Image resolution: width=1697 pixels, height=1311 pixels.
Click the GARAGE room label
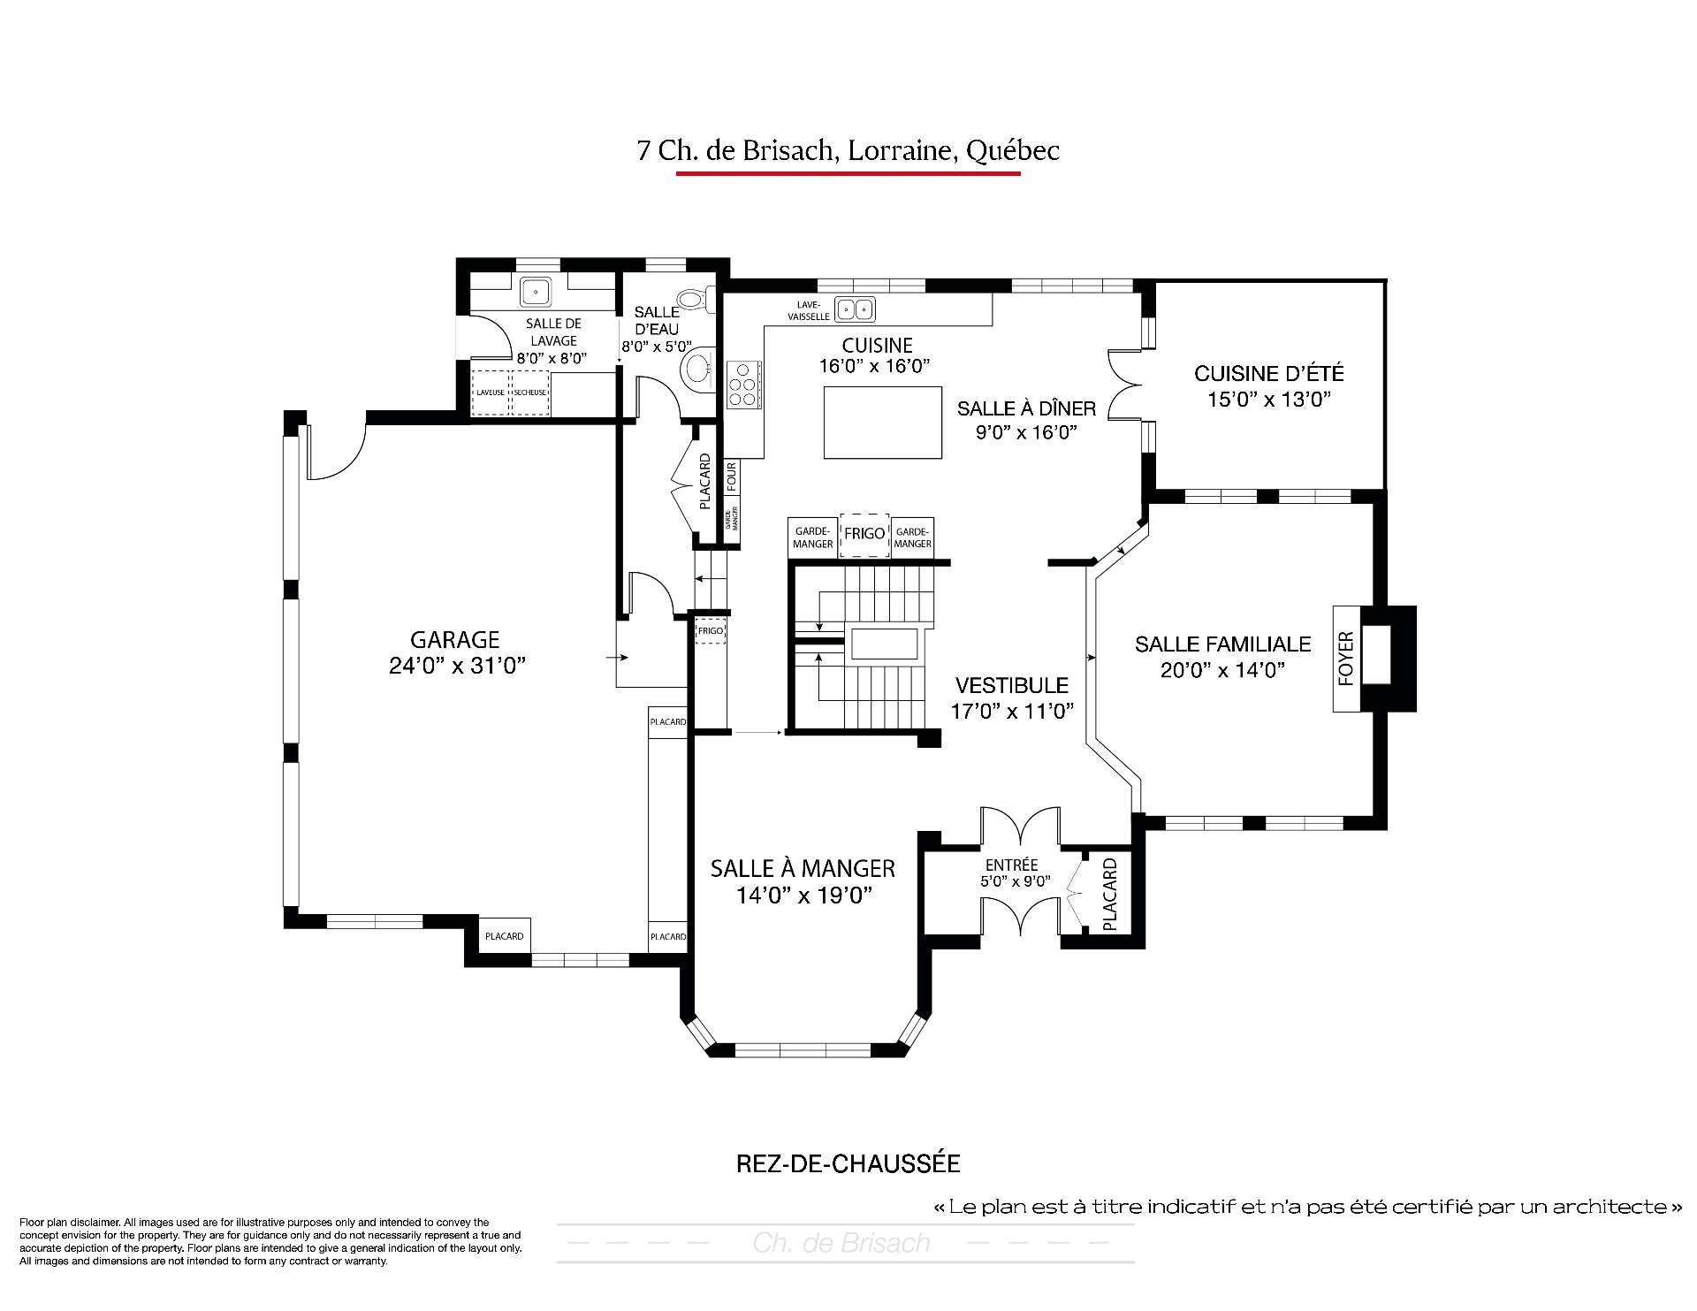click(x=455, y=639)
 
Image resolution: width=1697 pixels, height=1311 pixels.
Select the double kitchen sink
click(x=855, y=309)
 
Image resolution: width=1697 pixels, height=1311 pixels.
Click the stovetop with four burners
click(x=743, y=385)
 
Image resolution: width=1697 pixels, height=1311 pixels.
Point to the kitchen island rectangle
click(x=883, y=423)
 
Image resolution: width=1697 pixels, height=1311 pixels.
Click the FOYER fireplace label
click(x=1346, y=659)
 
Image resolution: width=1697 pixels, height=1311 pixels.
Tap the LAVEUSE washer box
click(x=491, y=393)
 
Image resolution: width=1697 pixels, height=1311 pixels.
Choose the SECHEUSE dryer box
click(x=530, y=393)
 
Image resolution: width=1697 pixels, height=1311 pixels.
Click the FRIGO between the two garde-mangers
click(x=864, y=534)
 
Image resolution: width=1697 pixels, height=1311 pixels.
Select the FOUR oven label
click(x=732, y=476)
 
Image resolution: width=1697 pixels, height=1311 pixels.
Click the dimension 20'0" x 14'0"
click(x=1222, y=670)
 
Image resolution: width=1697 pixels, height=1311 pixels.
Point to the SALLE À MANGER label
click(x=803, y=869)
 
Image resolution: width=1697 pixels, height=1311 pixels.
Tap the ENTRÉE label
click(x=1011, y=865)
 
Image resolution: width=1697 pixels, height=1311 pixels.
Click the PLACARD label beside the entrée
click(x=1111, y=894)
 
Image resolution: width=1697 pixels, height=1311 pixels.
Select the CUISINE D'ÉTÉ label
click(x=1269, y=374)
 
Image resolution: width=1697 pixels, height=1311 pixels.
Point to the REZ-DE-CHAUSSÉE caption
click(x=848, y=1163)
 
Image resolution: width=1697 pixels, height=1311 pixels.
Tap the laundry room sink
click(x=536, y=291)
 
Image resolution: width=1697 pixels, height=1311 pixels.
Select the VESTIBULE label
click(x=1012, y=685)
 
